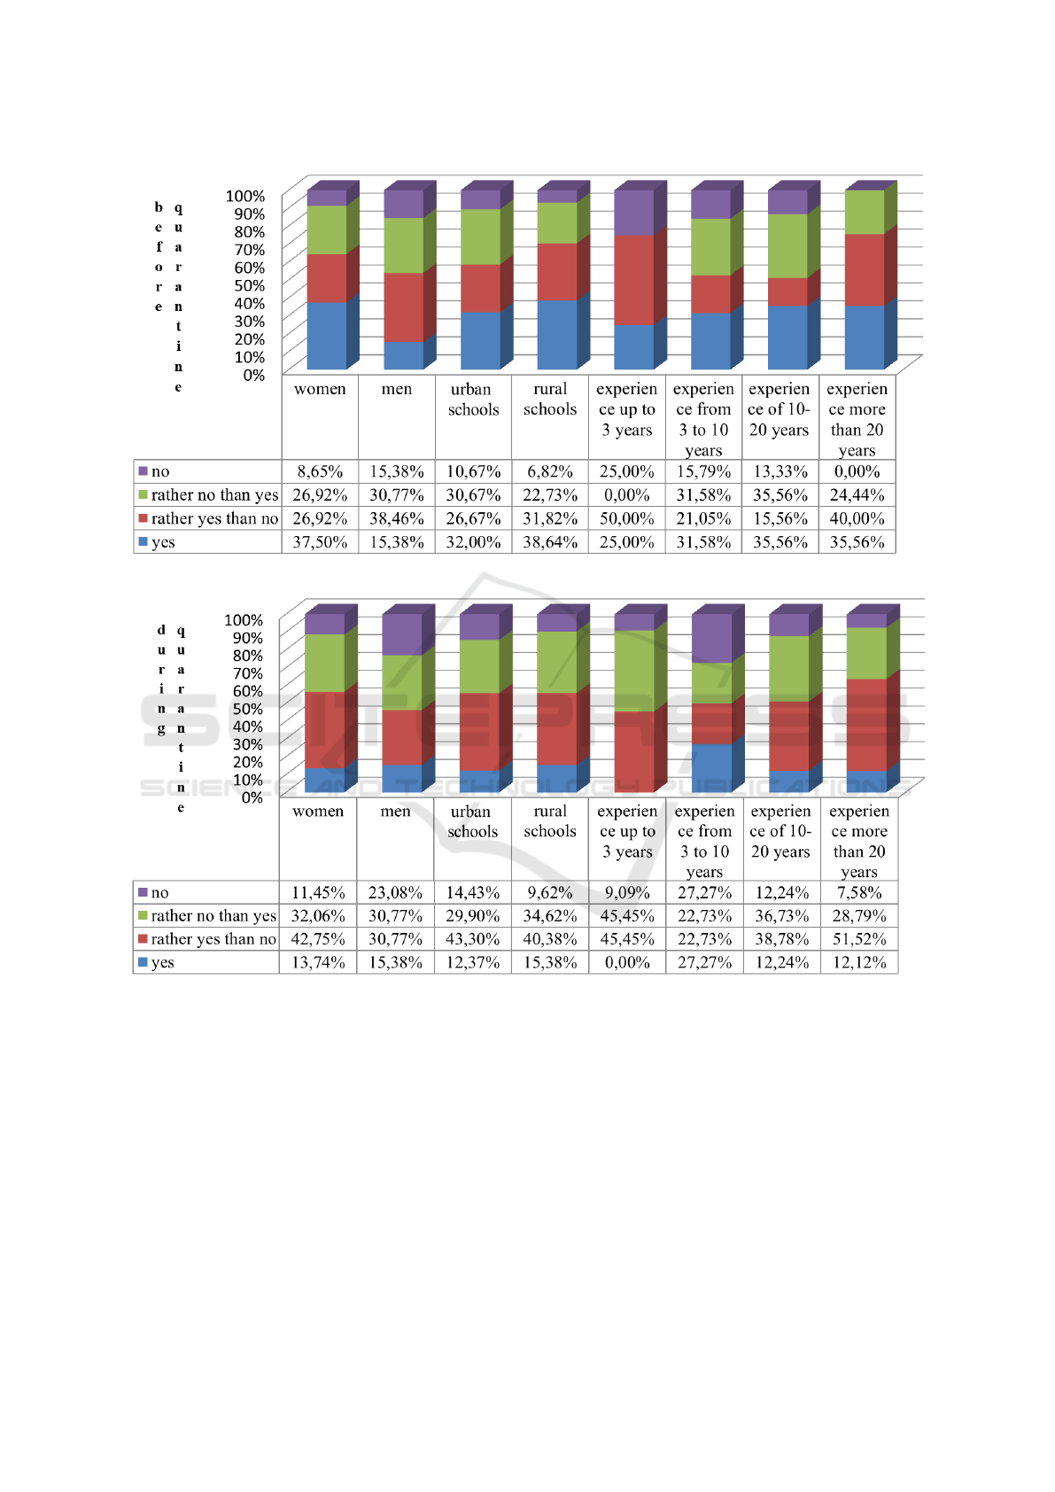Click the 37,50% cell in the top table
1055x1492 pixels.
(320, 542)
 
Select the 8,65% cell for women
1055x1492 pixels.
(320, 471)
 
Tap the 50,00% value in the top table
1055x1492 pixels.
(626, 519)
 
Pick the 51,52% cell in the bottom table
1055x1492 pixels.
(858, 939)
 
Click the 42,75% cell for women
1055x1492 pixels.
(318, 939)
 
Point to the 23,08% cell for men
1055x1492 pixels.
(395, 893)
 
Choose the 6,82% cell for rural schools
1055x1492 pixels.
(550, 471)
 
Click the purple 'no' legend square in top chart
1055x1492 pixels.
(143, 471)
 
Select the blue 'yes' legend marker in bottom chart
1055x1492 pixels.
(143, 962)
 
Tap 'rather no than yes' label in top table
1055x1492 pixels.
(214, 495)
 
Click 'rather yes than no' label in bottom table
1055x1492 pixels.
(213, 939)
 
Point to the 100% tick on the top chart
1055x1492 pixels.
(245, 196)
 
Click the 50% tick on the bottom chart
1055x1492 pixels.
(247, 709)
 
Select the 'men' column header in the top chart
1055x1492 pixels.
(397, 389)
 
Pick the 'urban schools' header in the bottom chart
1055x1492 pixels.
(472, 821)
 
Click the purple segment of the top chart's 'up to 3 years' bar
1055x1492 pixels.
(633, 213)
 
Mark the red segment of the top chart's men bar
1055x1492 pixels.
(403, 307)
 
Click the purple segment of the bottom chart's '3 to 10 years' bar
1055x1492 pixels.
(711, 638)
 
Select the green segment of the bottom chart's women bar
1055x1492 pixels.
(324, 663)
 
